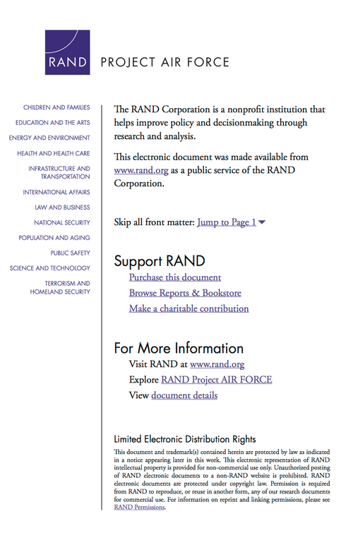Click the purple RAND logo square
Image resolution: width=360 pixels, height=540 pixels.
coord(68,53)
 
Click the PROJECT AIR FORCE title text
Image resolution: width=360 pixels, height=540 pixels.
coord(165,62)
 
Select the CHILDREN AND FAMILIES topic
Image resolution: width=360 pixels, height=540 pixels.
coord(56,107)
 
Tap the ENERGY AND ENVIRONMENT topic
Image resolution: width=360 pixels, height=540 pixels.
coord(49,138)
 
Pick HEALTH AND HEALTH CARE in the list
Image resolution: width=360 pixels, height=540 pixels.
coord(54,153)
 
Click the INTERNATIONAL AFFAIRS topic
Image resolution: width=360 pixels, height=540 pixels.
coord(56,192)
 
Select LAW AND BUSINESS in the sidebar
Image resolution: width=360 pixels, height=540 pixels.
coord(62,208)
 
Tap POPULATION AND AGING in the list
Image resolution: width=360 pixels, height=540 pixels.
coord(54,238)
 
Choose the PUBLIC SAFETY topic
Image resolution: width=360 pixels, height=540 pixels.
coord(71,253)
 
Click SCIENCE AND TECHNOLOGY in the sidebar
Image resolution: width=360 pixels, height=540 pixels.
coord(50,268)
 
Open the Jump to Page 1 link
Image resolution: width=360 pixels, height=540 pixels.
coord(227,222)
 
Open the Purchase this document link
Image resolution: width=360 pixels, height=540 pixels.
coord(175,277)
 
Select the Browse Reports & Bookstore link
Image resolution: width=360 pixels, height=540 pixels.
coord(185,293)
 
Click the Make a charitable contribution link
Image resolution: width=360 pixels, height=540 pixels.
coord(188,308)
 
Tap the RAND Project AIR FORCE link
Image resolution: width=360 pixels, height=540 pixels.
coord(216,380)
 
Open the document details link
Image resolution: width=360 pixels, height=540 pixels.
coord(184,395)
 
